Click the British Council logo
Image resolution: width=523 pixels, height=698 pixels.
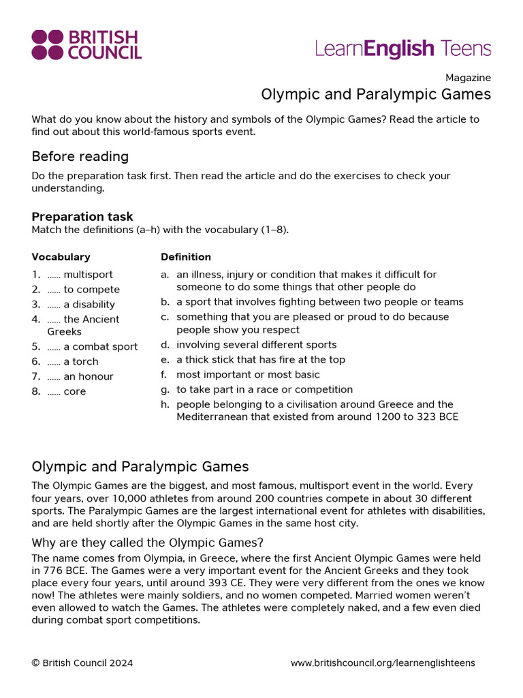pyautogui.click(x=86, y=45)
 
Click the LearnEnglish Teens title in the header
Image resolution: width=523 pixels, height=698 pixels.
pyautogui.click(x=402, y=48)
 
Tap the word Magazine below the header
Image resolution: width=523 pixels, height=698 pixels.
pyautogui.click(x=468, y=78)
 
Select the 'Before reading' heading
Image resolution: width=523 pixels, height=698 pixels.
pyautogui.click(x=80, y=156)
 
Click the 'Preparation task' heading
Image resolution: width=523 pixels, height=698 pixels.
pyautogui.click(x=82, y=217)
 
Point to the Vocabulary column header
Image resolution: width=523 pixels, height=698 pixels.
pyautogui.click(x=61, y=257)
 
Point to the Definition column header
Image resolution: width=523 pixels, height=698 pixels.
pyautogui.click(x=185, y=257)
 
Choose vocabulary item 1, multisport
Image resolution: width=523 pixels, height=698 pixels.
pyautogui.click(x=80, y=275)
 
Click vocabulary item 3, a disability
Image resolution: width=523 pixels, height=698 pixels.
pyautogui.click(x=80, y=305)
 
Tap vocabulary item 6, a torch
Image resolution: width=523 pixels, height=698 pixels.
pyautogui.click(x=72, y=362)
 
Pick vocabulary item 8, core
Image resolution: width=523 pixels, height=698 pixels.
pyautogui.click(x=66, y=392)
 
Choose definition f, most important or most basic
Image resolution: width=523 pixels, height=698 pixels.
pyautogui.click(x=247, y=375)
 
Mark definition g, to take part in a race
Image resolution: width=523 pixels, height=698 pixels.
pyautogui.click(x=264, y=390)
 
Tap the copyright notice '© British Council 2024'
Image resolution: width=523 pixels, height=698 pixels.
pyautogui.click(x=82, y=663)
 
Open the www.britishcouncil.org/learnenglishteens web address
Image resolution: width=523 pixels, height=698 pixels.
pyautogui.click(x=383, y=663)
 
